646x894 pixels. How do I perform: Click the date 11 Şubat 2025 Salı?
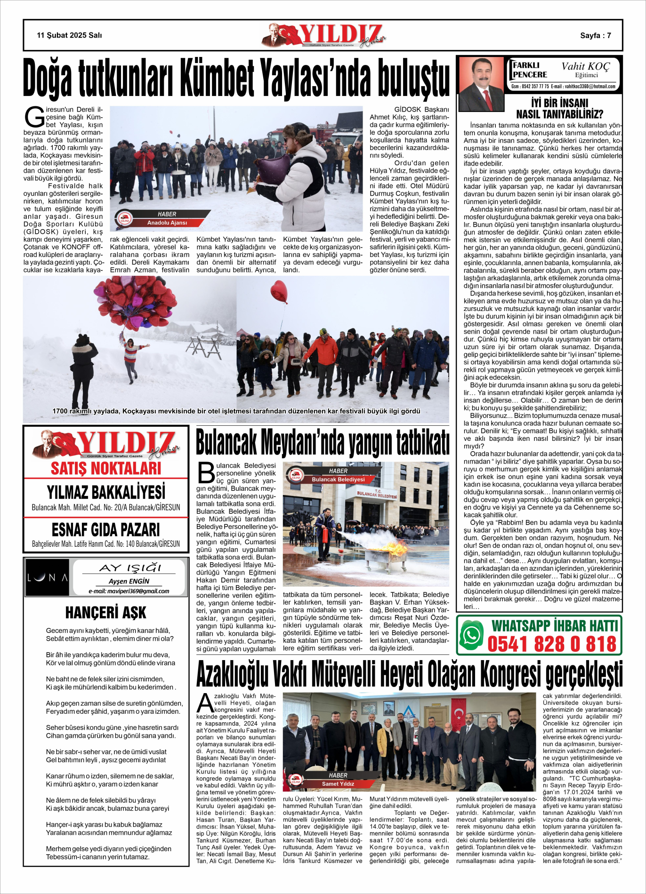[x=69, y=35]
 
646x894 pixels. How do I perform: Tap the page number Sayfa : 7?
[x=595, y=35]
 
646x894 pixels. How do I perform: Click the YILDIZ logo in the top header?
[x=325, y=35]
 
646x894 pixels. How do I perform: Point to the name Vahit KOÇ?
[x=585, y=66]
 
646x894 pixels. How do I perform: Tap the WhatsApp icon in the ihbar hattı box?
[x=471, y=635]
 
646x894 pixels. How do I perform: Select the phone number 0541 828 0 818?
[x=551, y=644]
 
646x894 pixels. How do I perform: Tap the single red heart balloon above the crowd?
[x=279, y=291]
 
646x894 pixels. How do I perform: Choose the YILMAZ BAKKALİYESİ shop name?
[x=106, y=492]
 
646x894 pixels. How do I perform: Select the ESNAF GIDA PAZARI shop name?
[x=106, y=530]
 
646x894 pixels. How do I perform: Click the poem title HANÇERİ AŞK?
[x=106, y=612]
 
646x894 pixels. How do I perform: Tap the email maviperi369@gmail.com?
[x=129, y=591]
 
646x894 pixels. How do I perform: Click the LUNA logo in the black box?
[x=48, y=577]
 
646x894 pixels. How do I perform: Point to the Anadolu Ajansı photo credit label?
[x=167, y=223]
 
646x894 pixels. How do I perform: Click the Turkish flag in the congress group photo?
[x=458, y=715]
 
